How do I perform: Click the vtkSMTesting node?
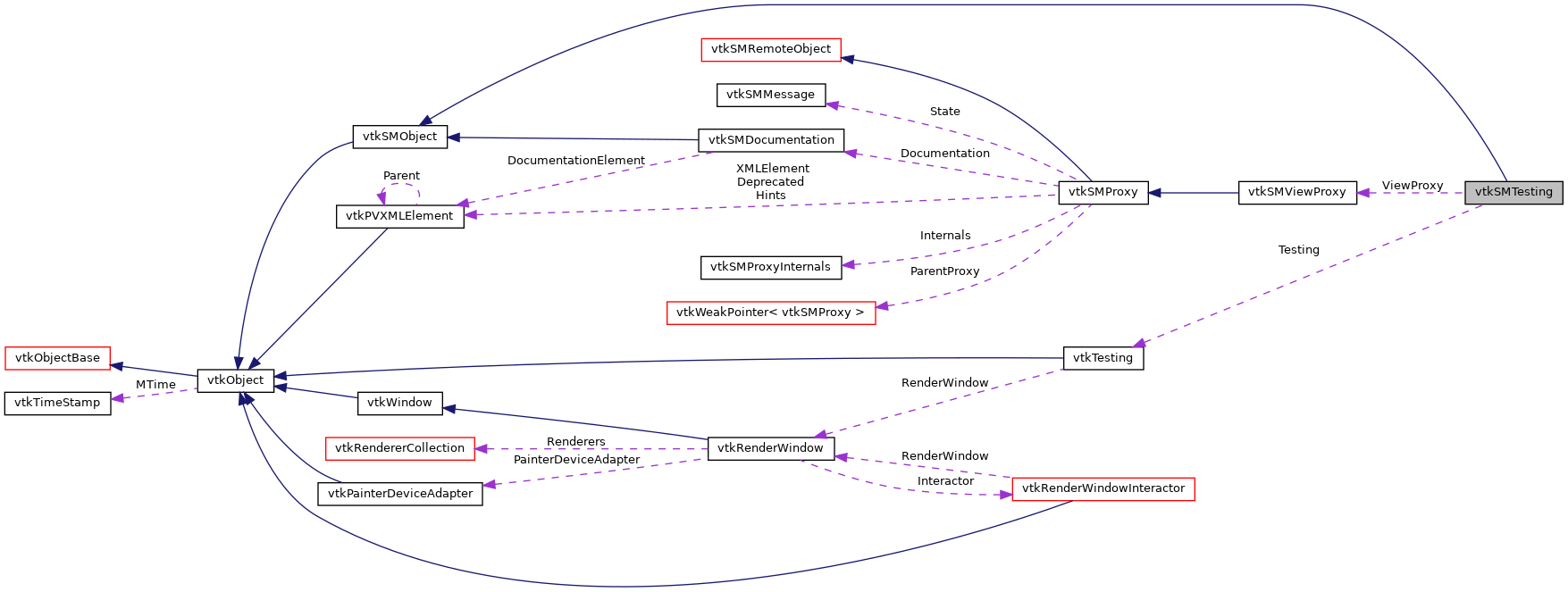[1513, 192]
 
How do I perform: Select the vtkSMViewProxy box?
[1296, 192]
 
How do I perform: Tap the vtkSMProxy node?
[1103, 192]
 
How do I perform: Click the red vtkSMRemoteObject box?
[770, 49]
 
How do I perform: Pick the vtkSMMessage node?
[770, 95]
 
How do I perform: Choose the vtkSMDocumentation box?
[770, 140]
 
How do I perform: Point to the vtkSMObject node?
[399, 137]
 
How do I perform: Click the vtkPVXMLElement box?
[399, 216]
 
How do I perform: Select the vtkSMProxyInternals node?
[770, 267]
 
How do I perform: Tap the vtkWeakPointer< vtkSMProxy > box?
[770, 313]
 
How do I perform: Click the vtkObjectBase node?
[57, 358]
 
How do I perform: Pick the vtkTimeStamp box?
[57, 403]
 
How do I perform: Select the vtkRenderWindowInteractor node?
[1103, 488]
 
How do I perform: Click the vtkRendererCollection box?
[399, 448]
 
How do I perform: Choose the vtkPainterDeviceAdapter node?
[399, 494]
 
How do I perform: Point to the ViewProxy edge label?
[1412, 186]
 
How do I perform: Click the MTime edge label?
[155, 385]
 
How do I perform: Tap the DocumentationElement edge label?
[575, 161]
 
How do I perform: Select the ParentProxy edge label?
[944, 271]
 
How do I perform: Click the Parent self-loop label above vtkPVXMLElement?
[401, 176]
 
